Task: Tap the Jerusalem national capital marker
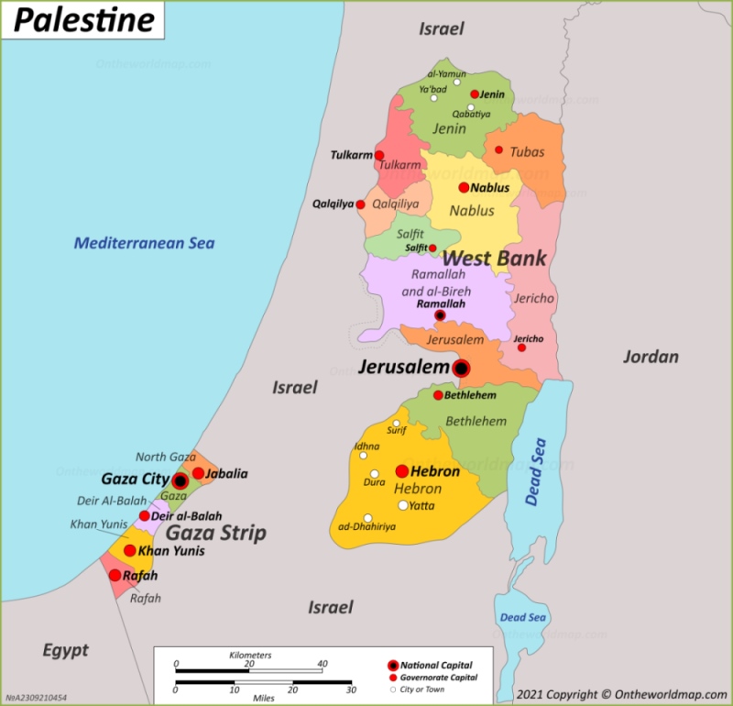tap(461, 369)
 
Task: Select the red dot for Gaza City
tap(181, 480)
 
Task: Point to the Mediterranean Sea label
tap(144, 243)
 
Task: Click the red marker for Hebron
tap(401, 471)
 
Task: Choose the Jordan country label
tap(651, 357)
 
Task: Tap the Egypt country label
tap(66, 650)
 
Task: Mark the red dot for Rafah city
tap(115, 576)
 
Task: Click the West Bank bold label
tap(495, 259)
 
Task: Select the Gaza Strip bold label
tap(215, 533)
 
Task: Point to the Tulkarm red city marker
tap(379, 156)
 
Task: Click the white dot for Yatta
tap(402, 505)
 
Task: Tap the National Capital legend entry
tap(434, 663)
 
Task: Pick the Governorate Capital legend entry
tap(438, 677)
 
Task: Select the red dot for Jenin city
tap(475, 94)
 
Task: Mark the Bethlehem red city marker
tap(438, 395)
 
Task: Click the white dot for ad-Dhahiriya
tap(367, 518)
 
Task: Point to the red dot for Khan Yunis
tap(130, 551)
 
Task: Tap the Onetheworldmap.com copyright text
tap(621, 694)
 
